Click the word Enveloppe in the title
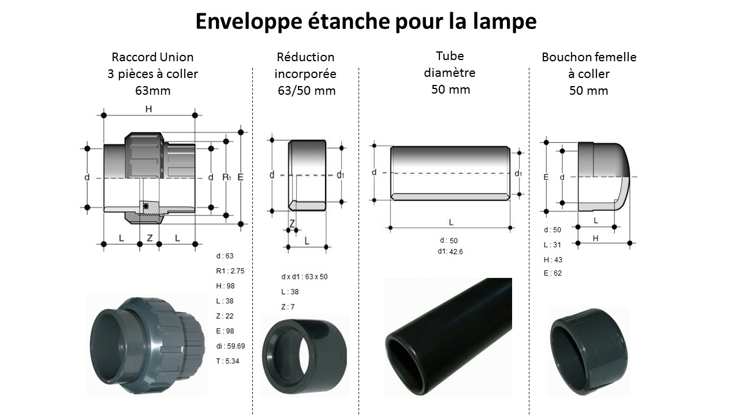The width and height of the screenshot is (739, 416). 249,21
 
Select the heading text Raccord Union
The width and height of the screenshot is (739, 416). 152,57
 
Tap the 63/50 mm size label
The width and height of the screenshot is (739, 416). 307,91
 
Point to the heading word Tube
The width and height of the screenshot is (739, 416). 450,56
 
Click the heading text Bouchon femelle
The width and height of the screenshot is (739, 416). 589,57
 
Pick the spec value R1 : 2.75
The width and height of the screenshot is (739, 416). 230,271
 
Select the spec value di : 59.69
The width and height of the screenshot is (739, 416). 230,346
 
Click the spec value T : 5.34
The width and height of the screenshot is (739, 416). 227,361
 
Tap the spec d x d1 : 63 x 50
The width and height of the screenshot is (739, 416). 304,277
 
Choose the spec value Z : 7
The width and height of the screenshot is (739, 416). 288,307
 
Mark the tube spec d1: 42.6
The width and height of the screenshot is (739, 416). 450,251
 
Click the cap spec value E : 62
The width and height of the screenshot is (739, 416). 553,273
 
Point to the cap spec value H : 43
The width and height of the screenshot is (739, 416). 553,260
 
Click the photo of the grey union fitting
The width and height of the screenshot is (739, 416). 147,346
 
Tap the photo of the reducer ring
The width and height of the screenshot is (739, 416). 304,355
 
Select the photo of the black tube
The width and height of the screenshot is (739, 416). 448,337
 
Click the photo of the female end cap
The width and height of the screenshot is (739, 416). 589,352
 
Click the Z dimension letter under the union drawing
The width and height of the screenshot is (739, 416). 150,237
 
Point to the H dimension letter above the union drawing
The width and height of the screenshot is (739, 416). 149,109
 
